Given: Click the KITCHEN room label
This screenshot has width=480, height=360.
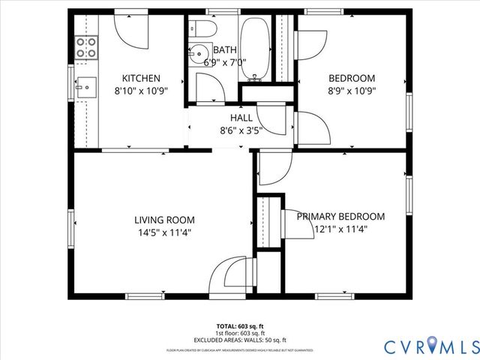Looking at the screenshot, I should [x=141, y=77].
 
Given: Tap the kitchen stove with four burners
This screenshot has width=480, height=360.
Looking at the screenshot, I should [x=87, y=48].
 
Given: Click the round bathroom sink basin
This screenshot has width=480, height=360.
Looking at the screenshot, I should [x=199, y=55].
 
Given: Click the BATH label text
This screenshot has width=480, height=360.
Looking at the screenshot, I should [x=225, y=50].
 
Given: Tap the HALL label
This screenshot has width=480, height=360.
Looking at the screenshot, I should [x=241, y=118].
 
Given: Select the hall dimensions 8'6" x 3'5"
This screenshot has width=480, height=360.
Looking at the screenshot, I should [x=241, y=130].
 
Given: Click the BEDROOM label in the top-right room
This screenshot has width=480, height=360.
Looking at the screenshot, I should [x=352, y=77].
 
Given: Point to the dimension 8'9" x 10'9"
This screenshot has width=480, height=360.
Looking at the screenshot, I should [x=352, y=90].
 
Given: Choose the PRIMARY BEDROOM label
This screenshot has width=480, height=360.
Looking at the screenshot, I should [x=340, y=217].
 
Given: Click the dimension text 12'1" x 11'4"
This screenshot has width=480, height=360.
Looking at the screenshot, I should [x=340, y=229].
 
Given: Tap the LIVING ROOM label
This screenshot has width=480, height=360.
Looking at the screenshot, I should [x=164, y=220].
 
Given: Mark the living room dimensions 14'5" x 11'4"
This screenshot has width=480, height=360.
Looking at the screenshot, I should [x=164, y=232].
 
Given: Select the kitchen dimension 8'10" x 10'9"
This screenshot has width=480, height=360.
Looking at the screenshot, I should [x=141, y=90].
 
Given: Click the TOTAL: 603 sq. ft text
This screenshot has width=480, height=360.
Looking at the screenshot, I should [x=241, y=326].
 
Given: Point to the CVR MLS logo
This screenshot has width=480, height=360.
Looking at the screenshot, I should [x=431, y=346].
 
